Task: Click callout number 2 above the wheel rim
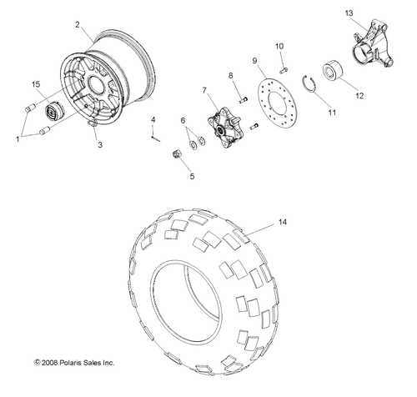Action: (x=78, y=26)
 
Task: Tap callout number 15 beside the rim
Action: (x=36, y=84)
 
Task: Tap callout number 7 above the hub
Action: (x=203, y=89)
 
